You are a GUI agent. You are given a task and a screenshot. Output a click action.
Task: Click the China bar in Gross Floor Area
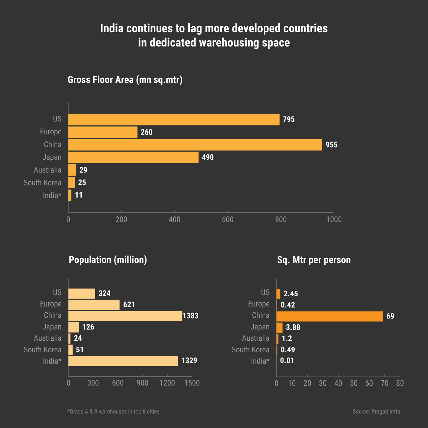[x=195, y=145]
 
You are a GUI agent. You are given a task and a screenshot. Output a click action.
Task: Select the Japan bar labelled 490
[x=133, y=157]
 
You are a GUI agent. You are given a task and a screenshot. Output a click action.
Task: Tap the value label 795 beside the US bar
[x=289, y=120]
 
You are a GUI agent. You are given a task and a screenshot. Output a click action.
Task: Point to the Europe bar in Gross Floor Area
[x=103, y=132]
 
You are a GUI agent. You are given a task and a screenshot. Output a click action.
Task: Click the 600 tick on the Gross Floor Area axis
[x=227, y=220]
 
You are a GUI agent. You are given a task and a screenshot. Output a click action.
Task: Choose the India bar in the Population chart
[x=123, y=361]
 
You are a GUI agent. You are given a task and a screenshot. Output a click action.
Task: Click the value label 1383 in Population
[x=191, y=316]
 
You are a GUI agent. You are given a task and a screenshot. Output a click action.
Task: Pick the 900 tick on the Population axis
[x=143, y=383]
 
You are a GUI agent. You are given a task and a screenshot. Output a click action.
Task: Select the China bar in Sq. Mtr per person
[x=330, y=316]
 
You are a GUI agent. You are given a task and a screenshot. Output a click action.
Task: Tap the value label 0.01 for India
[x=287, y=361]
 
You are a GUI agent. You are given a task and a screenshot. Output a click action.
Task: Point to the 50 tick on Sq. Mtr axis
[x=354, y=383]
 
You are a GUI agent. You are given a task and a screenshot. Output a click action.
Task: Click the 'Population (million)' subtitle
[x=108, y=260]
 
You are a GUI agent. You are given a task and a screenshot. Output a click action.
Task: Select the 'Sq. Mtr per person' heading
[x=314, y=260]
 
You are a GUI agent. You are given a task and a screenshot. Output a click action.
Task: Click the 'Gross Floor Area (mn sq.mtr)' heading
[x=125, y=80]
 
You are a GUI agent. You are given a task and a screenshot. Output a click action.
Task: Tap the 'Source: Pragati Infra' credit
[x=376, y=412]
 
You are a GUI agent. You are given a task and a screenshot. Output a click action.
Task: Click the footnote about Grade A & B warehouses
[x=113, y=412]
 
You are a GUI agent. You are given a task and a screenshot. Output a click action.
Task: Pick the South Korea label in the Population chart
[x=42, y=350]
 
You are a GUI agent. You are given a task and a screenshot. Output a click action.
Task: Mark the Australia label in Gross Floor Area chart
[x=48, y=170]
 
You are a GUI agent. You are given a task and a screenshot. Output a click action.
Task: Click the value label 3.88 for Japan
[x=293, y=327]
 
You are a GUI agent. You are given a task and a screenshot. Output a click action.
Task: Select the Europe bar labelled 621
[x=94, y=305]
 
